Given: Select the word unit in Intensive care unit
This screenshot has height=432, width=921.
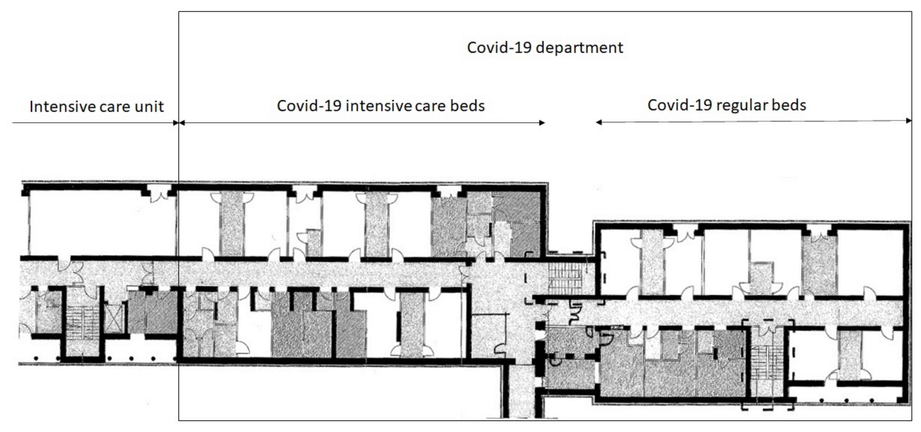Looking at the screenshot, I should coord(149,106).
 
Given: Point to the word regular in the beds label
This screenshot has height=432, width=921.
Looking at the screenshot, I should coord(740,105).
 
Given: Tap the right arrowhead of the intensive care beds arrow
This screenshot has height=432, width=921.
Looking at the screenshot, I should coord(542,123).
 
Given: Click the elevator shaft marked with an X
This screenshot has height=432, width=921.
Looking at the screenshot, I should coord(114,318).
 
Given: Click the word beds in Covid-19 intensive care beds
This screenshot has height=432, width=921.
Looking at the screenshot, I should coord(467,106).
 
